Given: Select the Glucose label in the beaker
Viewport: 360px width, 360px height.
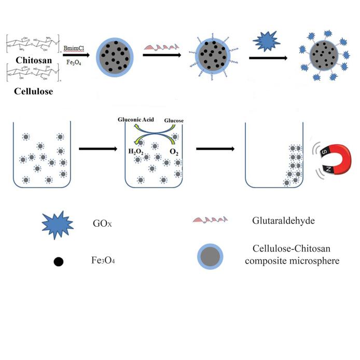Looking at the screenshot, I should click(x=174, y=120).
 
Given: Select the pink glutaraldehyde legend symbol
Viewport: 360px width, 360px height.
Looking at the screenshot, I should click(x=210, y=220).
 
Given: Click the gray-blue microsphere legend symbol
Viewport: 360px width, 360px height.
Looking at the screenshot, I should click(x=210, y=256).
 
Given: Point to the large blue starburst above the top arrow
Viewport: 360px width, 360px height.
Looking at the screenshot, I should click(x=266, y=40).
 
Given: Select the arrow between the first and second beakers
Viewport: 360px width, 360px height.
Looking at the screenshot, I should click(x=98, y=149).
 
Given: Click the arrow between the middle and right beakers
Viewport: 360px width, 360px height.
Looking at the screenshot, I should click(x=214, y=149).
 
